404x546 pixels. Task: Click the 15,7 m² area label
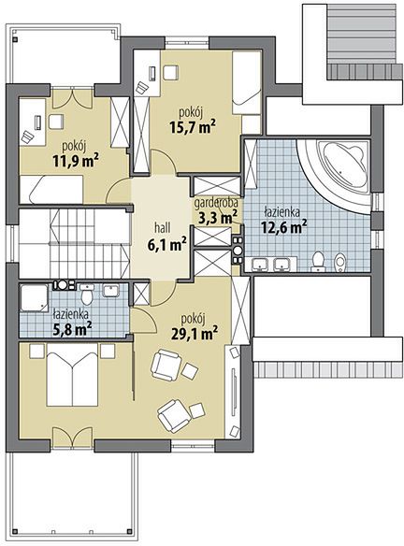tap(192, 127)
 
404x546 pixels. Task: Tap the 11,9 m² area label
tap(76, 161)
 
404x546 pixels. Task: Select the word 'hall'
tap(163, 228)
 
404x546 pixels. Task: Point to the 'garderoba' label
tap(216, 203)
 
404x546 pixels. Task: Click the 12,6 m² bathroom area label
tap(284, 226)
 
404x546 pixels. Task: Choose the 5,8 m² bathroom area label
tap(72, 328)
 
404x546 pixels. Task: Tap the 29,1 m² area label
tap(195, 334)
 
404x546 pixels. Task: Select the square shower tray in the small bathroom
tap(34, 297)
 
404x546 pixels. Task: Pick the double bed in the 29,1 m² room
tap(72, 375)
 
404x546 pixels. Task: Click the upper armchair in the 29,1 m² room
tap(166, 365)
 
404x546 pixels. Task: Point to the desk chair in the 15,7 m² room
tap(170, 73)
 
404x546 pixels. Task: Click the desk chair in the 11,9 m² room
tap(56, 122)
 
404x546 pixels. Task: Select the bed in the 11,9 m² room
tap(51, 190)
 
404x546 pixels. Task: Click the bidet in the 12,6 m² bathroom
tap(340, 263)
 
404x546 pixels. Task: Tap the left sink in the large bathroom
tap(259, 264)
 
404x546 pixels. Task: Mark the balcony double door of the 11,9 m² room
tap(72, 98)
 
